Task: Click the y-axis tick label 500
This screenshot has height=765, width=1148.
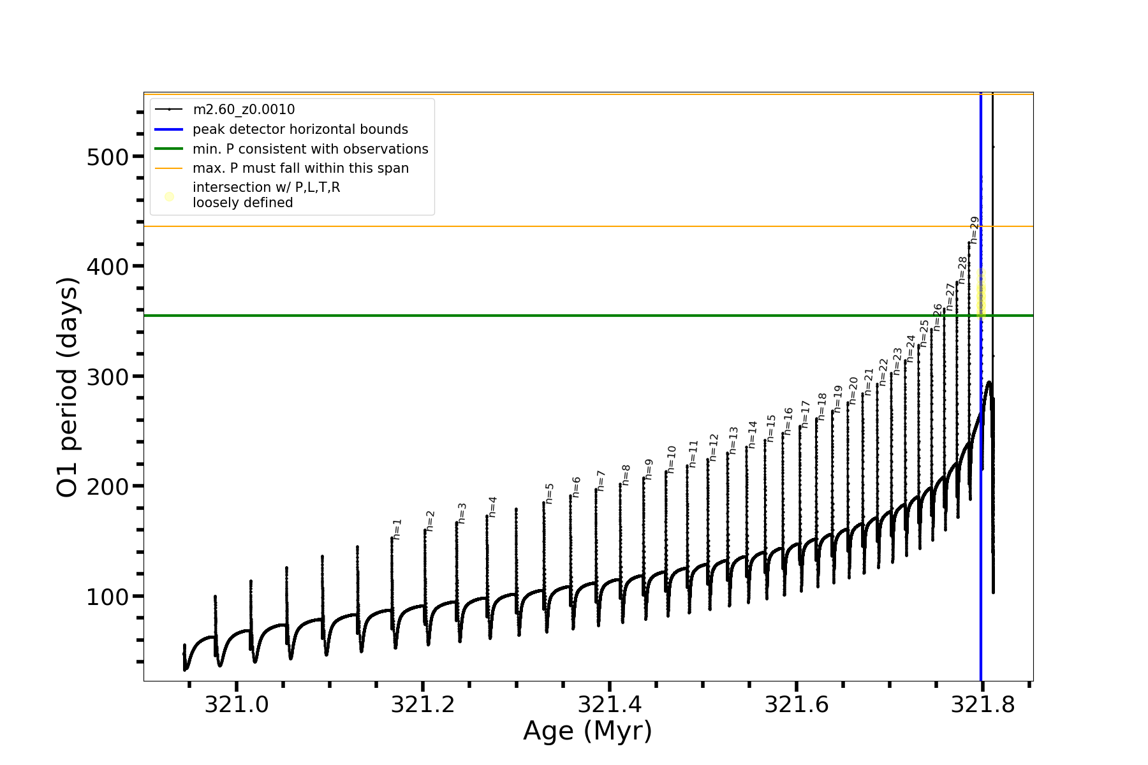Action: pos(107,157)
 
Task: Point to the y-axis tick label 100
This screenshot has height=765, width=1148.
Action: pos(107,597)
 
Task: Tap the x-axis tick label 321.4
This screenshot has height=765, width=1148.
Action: pos(609,704)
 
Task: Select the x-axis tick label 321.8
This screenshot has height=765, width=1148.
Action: pos(982,704)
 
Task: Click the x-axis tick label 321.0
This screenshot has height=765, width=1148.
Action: pos(236,704)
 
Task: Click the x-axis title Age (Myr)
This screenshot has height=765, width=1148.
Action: pos(587,731)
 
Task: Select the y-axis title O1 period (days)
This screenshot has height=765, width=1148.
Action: pos(68,387)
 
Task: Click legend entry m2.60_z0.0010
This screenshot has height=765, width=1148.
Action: pos(244,110)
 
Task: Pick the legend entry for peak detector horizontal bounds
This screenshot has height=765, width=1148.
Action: pos(300,129)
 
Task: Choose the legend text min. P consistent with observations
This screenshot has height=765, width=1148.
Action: pos(310,149)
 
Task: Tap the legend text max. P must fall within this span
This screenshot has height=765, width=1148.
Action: pos(300,168)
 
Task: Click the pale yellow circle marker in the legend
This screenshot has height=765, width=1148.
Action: pos(169,196)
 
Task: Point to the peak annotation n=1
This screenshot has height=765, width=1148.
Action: pos(397,529)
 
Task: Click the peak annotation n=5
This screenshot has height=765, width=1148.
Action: pos(550,493)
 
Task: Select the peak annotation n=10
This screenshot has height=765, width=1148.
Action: pos(672,459)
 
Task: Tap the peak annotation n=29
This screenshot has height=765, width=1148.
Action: pos(975,230)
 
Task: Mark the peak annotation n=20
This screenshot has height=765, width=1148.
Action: pos(854,390)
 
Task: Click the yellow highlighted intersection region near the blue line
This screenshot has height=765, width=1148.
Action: pos(982,293)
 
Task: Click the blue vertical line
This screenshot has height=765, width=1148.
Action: pos(981,510)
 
